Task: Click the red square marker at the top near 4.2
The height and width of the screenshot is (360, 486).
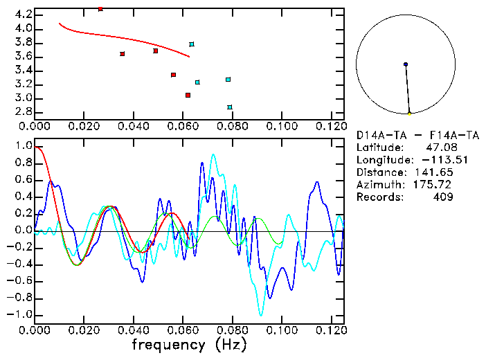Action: (x=100, y=9)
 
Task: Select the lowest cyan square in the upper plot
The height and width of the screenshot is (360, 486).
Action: (x=230, y=107)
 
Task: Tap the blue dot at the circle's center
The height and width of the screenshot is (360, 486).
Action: (x=406, y=64)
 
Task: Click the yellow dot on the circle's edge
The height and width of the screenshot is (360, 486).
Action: (x=409, y=114)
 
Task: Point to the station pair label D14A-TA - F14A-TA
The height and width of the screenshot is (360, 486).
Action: (x=417, y=136)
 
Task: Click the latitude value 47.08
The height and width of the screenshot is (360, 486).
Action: (x=439, y=147)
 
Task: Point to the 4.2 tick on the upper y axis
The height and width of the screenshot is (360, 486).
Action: (x=23, y=15)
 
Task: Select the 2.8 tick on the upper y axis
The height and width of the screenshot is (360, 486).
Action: (x=23, y=111)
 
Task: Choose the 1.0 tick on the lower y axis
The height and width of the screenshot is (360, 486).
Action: (x=23, y=147)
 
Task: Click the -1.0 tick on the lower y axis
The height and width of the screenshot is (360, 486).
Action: (x=20, y=314)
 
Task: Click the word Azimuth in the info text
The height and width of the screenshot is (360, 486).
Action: (x=377, y=185)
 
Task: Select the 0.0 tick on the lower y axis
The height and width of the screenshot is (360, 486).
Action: (x=23, y=231)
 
